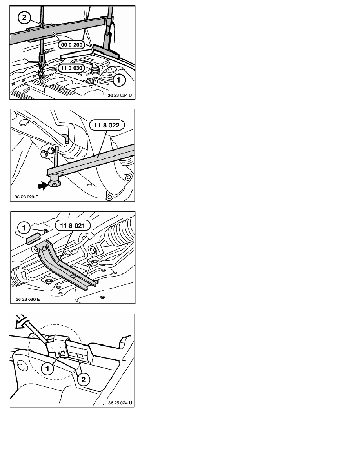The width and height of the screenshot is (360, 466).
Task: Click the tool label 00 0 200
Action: tap(72, 45)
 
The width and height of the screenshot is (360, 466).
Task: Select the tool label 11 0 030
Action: tap(72, 68)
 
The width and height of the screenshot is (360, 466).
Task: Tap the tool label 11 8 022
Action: tap(107, 125)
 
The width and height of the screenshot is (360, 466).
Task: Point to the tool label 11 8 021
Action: tap(73, 226)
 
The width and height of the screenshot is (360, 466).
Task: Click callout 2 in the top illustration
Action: tap(24, 18)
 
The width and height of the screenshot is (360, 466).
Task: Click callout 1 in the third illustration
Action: tap(24, 228)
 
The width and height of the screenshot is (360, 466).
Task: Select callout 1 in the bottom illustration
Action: tap(47, 369)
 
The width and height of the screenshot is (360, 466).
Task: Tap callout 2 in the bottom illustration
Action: tap(84, 380)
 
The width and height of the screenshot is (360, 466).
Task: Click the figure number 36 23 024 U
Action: tap(120, 95)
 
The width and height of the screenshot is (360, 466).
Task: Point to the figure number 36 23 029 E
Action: tap(26, 197)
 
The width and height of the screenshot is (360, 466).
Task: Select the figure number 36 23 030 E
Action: tap(27, 299)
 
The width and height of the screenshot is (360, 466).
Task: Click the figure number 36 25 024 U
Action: tap(120, 403)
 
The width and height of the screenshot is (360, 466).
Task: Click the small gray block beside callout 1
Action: tap(33, 238)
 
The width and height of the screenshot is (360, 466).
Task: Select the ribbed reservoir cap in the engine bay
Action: tap(95, 70)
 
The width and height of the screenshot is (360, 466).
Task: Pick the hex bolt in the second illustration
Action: tap(44, 154)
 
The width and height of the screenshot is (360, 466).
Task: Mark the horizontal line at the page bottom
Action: tap(182, 446)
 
